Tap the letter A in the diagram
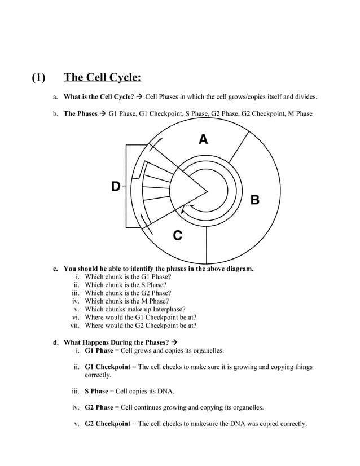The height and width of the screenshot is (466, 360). click(x=203, y=139)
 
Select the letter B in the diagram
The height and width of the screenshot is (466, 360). click(x=254, y=199)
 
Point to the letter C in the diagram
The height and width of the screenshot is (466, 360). click(x=177, y=236)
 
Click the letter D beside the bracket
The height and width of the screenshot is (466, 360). click(x=115, y=186)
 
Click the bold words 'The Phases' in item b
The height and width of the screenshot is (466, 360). click(x=80, y=113)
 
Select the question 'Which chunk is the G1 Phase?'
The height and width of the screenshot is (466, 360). click(x=128, y=277)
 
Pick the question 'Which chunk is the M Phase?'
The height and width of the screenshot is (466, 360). click(x=126, y=301)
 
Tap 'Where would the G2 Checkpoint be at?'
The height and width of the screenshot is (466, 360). click(x=141, y=326)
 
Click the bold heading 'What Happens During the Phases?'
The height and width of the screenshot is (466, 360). click(x=116, y=342)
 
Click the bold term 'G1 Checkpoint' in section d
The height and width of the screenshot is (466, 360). click(x=107, y=367)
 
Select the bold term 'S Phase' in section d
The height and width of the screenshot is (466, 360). click(x=96, y=391)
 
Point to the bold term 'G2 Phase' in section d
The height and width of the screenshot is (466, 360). click(x=99, y=407)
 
